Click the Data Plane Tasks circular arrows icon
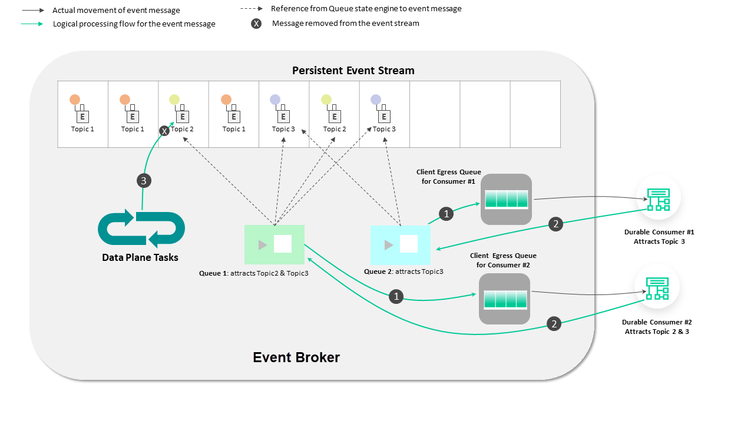click(x=141, y=229)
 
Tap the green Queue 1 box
click(x=275, y=244)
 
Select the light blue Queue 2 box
click(x=401, y=244)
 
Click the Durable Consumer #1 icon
click(x=658, y=198)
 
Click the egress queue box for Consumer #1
click(x=506, y=198)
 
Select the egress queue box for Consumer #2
click(x=505, y=299)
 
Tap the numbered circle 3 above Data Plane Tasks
click(x=144, y=181)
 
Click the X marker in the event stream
click(x=165, y=131)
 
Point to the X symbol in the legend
click(x=256, y=24)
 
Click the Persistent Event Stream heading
click(x=353, y=71)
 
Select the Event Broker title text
click(x=296, y=357)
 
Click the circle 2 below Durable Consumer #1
click(x=554, y=224)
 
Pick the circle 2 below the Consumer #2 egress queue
click(x=554, y=323)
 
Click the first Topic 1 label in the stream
click(x=82, y=129)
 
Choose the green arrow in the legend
click(x=31, y=24)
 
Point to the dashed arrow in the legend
click(x=252, y=9)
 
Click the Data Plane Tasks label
click(x=140, y=257)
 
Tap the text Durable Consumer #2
click(x=657, y=322)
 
